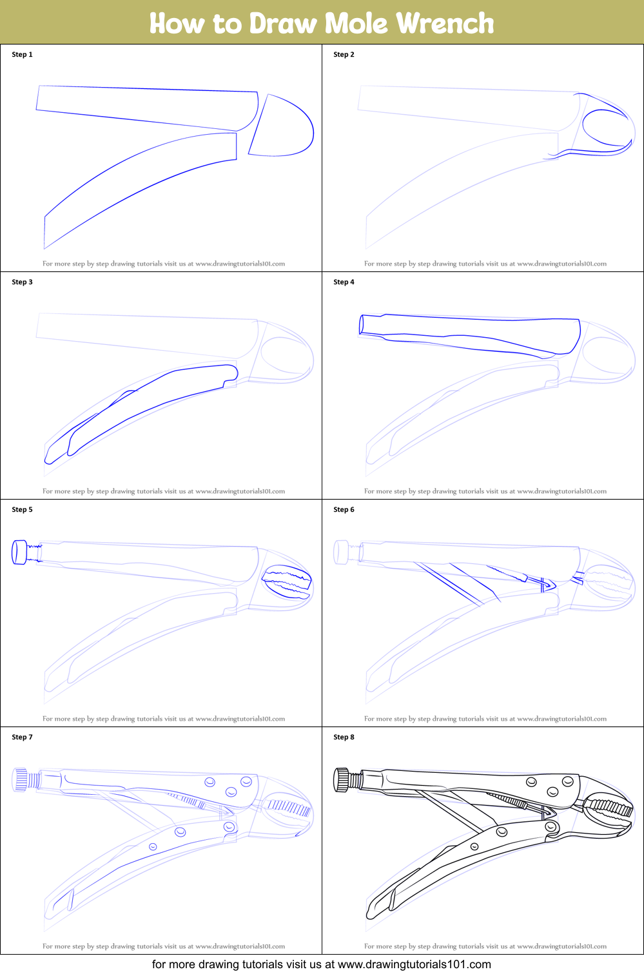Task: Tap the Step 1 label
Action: pos(22,54)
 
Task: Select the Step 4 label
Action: pos(344,282)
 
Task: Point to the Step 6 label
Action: pos(344,509)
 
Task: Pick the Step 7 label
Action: pos(22,737)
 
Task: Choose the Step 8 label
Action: pos(344,737)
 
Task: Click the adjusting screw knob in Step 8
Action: pos(342,779)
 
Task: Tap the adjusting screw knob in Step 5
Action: pos(19,552)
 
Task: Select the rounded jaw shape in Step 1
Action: pos(281,125)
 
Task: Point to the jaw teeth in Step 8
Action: pos(609,810)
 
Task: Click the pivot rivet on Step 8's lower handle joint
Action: pos(551,826)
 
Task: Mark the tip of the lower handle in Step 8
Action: pos(369,917)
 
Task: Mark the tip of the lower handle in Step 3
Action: pos(48,462)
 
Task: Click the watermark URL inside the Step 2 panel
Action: pos(562,264)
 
